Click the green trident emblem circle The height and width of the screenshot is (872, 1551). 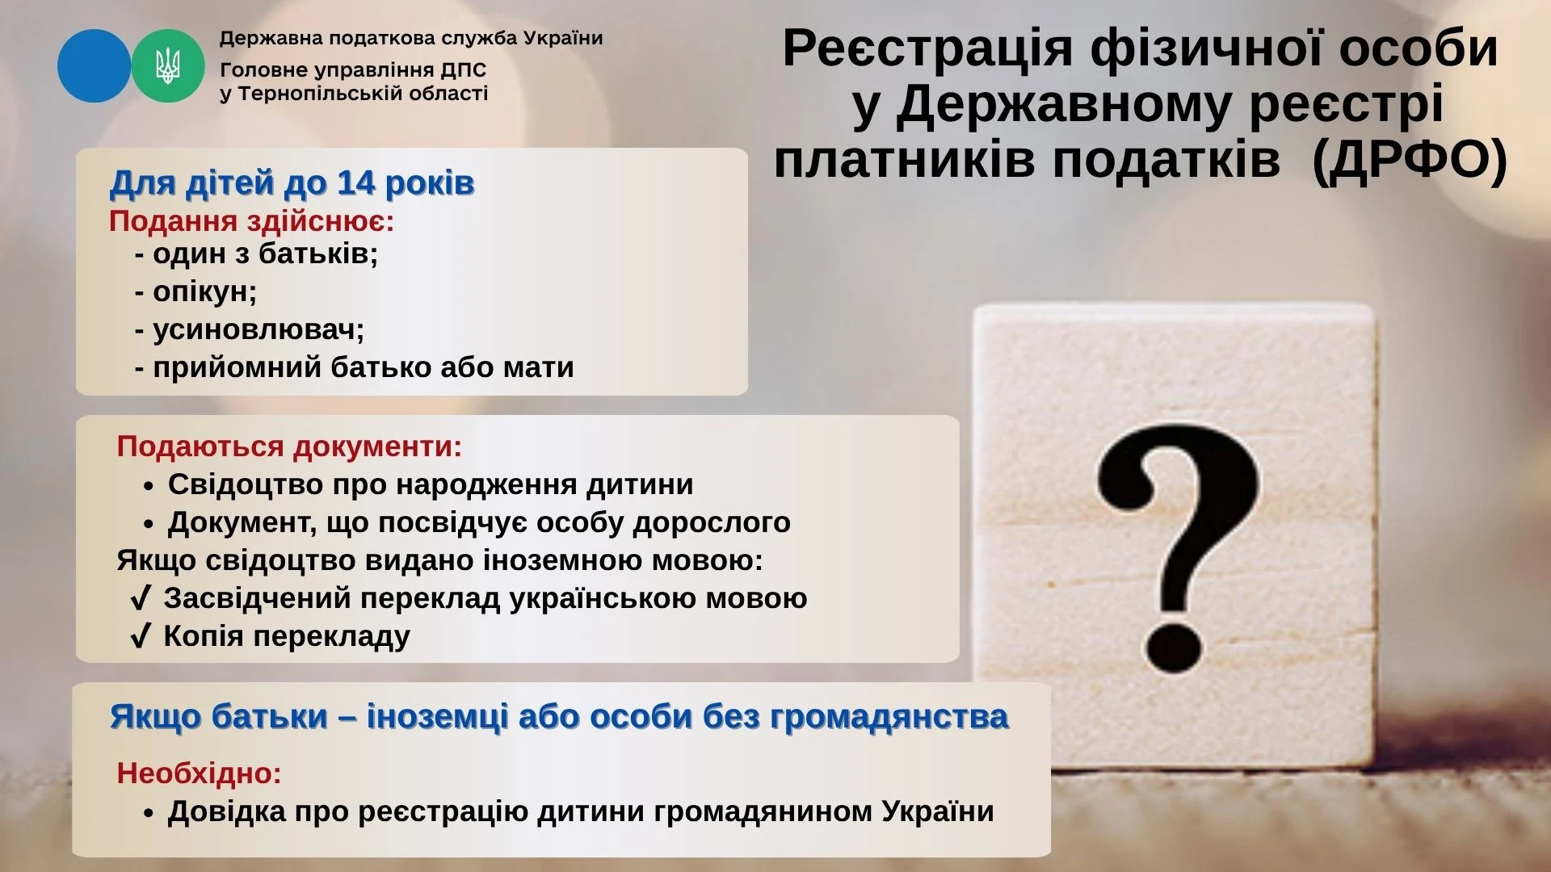168,66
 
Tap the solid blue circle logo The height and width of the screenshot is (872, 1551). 94,66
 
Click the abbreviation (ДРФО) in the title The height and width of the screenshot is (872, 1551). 1410,159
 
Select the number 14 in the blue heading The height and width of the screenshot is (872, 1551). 356,183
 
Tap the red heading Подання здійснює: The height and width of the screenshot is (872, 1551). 251,221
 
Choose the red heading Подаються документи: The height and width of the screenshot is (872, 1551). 289,446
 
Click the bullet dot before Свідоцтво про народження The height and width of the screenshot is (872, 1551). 148,486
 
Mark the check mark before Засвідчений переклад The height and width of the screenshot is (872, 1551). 140,598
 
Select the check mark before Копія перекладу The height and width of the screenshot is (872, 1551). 140,636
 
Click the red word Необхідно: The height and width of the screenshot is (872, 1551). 199,773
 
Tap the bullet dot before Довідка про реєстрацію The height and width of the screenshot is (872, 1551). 148,813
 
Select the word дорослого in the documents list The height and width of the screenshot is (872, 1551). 712,523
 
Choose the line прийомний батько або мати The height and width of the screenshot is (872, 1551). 355,368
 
